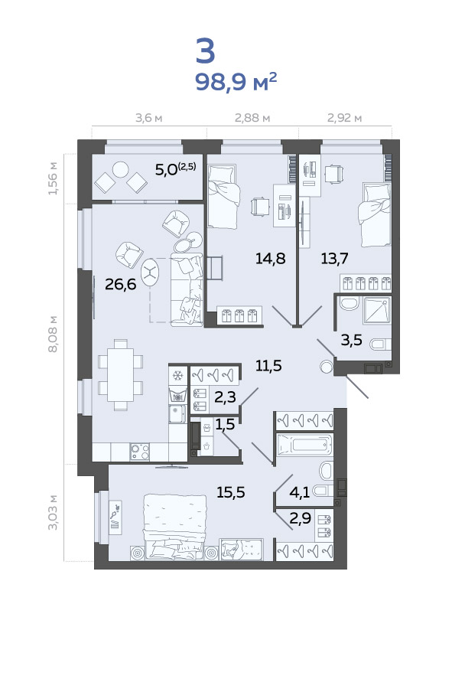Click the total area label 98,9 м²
236,81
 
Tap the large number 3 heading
206,51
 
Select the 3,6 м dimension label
149,118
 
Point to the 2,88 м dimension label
252,118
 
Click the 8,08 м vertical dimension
53,334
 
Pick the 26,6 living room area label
121,285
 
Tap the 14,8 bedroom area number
270,259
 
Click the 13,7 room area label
334,259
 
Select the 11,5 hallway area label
268,366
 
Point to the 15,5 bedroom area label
231,492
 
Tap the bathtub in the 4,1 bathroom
304,445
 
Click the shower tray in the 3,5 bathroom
377,309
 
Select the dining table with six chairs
121,375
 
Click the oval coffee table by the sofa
150,273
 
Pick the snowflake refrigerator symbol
177,375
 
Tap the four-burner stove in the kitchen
140,452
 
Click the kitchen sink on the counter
177,414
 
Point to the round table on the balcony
121,169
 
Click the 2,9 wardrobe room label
300,518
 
